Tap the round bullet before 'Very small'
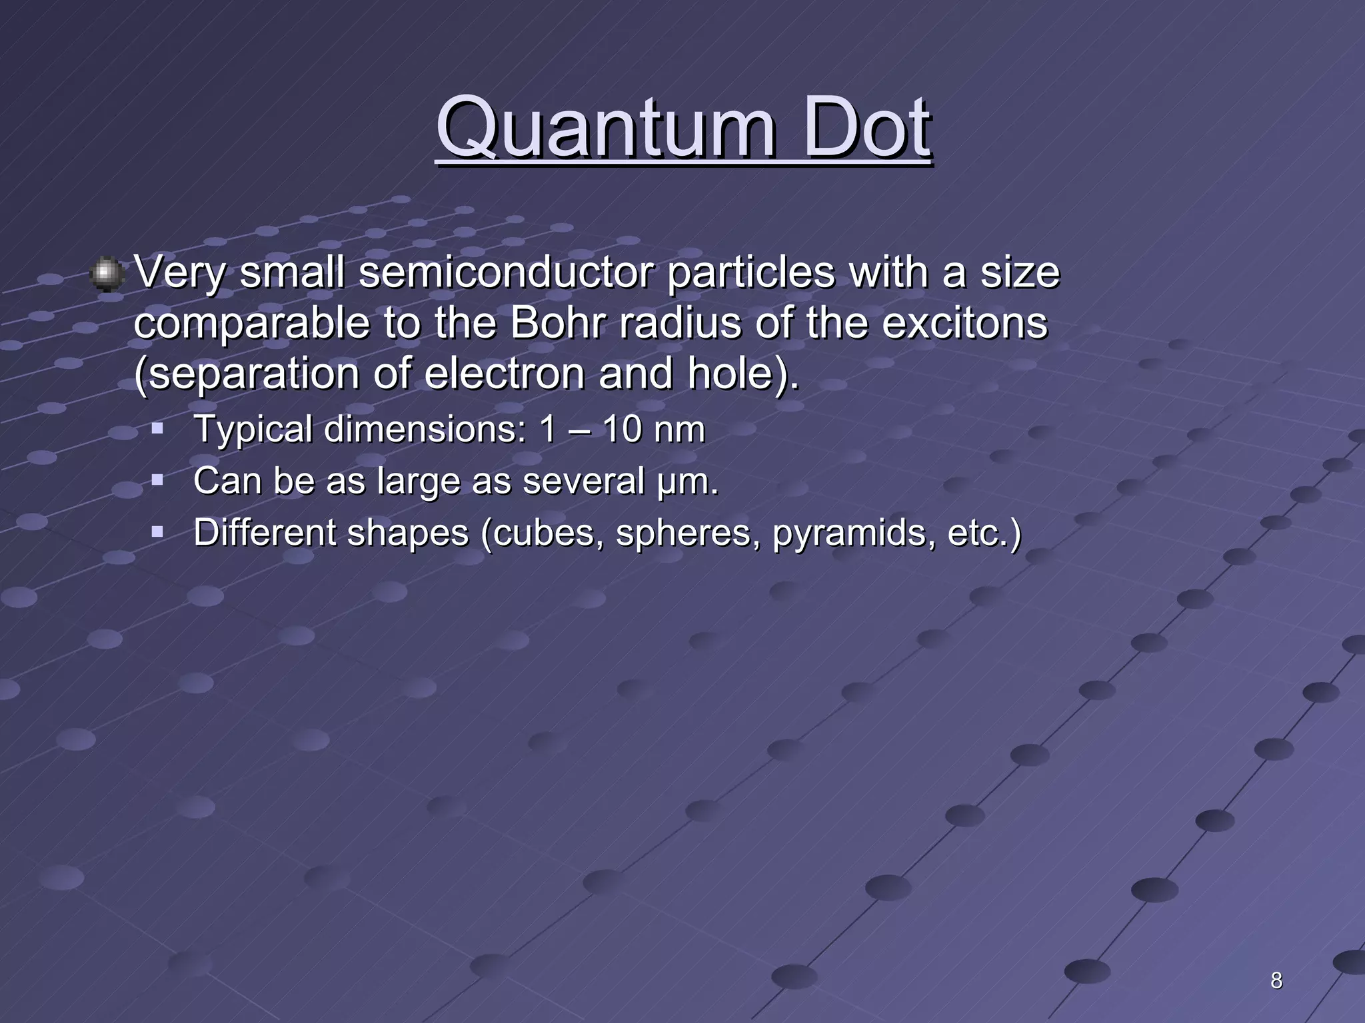tap(106, 274)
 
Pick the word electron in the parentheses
tap(507, 374)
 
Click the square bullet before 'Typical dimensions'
tap(157, 427)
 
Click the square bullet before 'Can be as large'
tap(157, 479)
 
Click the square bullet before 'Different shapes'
tap(157, 531)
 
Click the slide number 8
tap(1276, 980)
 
